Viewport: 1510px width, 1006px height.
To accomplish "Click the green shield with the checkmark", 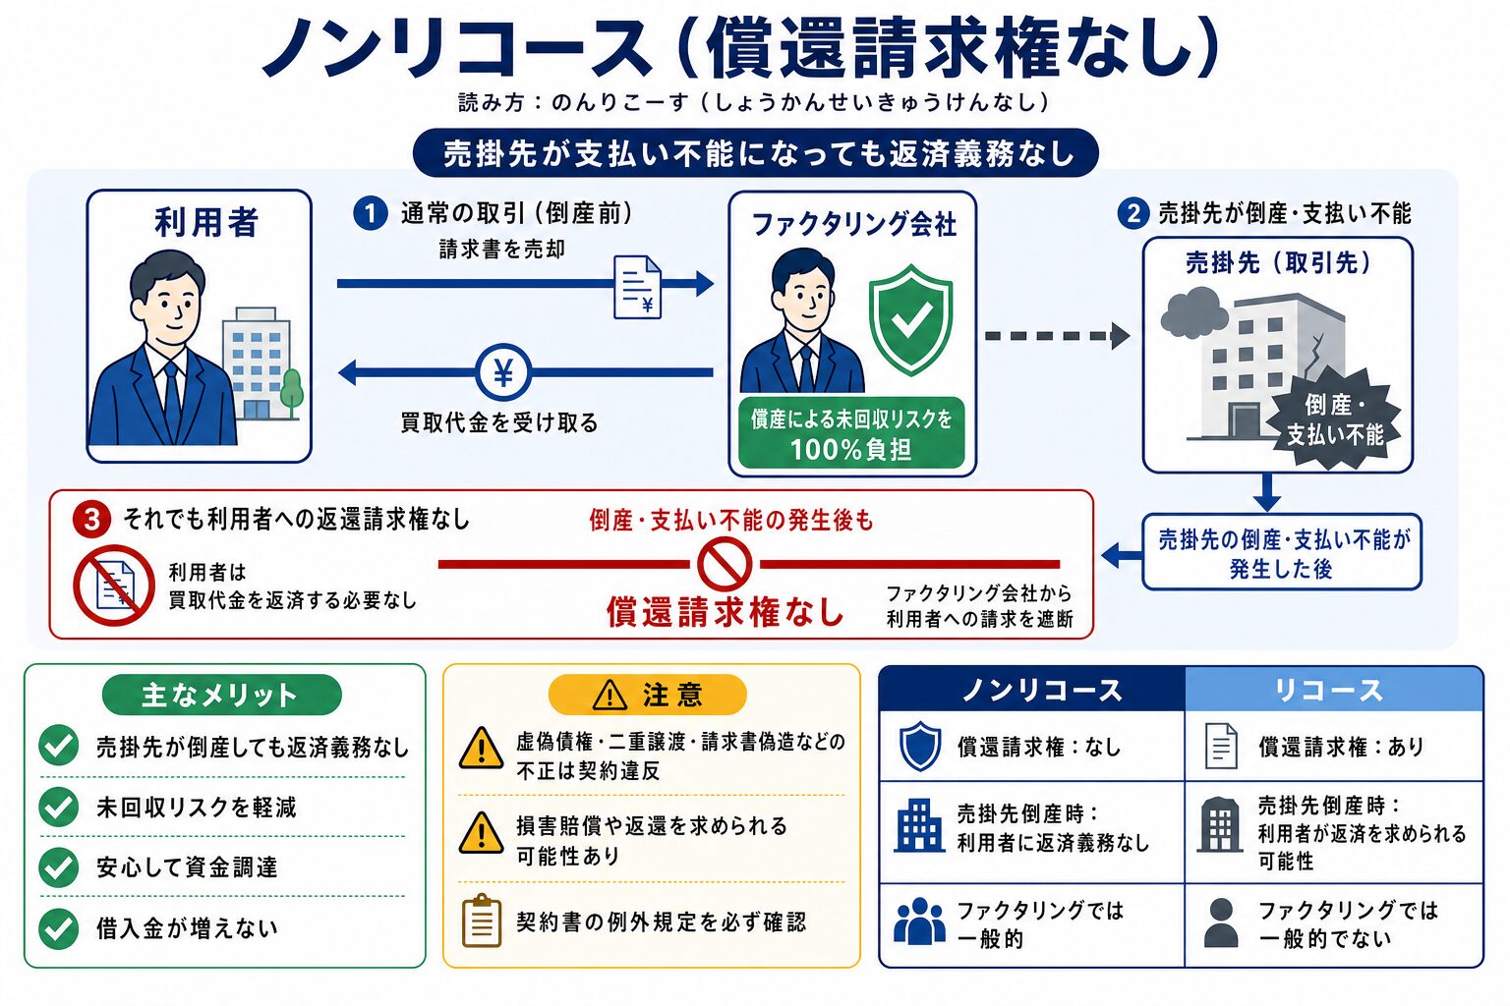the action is pos(910,318).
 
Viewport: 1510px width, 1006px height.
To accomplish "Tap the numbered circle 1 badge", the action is pos(370,213).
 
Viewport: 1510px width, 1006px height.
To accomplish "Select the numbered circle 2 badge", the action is pos(1133,213).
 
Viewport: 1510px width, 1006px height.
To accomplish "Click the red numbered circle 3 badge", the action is pos(91,520).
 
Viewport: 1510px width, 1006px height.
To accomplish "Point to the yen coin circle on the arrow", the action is pos(503,372).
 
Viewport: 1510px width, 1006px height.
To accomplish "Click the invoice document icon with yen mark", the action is pos(637,287).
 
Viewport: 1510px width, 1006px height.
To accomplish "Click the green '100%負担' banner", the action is pos(851,433).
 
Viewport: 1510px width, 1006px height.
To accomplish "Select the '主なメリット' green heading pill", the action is pos(222,695).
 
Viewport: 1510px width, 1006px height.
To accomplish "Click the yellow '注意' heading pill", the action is pos(648,695).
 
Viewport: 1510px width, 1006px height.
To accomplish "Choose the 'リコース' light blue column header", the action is pos(1334,690).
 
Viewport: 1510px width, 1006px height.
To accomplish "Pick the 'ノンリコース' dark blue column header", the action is pos(1032,690).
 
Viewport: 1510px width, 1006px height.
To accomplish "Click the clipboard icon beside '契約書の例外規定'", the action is pos(482,921).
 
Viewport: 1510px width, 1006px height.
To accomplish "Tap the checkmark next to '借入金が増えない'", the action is pos(59,928).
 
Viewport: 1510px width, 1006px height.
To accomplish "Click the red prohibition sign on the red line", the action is pos(725,564).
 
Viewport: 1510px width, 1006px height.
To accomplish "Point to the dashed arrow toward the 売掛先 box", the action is pos(1057,336).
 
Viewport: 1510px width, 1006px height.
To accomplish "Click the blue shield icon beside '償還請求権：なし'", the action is pos(920,746).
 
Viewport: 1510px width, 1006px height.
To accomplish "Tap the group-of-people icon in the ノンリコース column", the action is pos(919,922).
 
